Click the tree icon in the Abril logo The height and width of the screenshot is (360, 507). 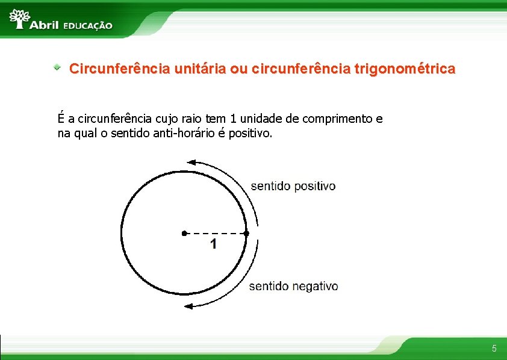point(20,19)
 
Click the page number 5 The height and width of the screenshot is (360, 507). point(494,349)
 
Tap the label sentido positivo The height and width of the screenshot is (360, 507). point(293,186)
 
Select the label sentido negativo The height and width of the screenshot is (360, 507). point(294,287)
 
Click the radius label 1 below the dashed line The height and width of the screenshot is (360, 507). point(214,244)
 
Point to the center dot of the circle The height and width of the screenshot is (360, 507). point(184,233)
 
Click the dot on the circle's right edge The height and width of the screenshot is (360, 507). point(247,233)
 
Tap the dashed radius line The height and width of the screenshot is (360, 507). point(216,233)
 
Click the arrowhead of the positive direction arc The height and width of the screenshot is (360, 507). point(191,161)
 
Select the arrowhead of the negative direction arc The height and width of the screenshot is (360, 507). point(189,306)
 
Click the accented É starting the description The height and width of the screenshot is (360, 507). point(61,118)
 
